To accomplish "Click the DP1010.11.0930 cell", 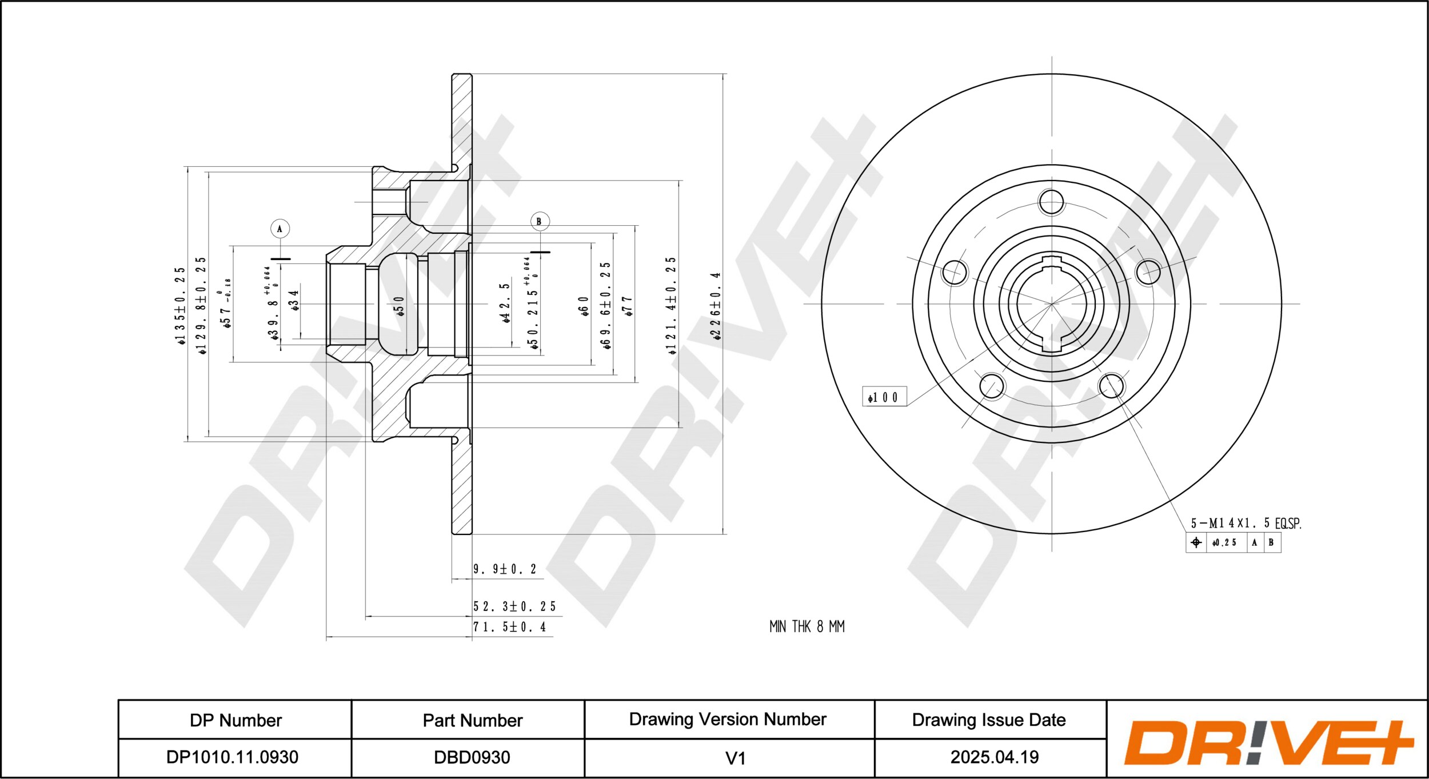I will point(232,757).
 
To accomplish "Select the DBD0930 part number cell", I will point(472,757).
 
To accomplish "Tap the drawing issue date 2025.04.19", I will point(994,757).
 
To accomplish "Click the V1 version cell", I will point(735,758).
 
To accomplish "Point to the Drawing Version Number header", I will point(727,719).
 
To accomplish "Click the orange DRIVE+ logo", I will point(1268,742).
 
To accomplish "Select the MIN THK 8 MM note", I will point(807,627).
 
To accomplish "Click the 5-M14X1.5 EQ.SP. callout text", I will point(1246,523).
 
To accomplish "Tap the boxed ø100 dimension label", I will point(884,397).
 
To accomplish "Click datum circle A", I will point(280,229).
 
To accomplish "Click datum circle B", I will point(539,221).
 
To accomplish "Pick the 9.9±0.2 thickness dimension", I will point(505,569).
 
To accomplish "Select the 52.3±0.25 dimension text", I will point(514,606).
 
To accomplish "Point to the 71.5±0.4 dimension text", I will point(509,627).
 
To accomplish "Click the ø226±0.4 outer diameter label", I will point(716,306).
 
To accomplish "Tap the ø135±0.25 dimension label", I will point(180,306).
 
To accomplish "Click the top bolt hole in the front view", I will point(1051,202).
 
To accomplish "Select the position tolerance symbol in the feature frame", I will point(1196,542).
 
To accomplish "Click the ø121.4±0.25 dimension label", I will point(671,306).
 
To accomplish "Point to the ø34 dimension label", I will point(294,300).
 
